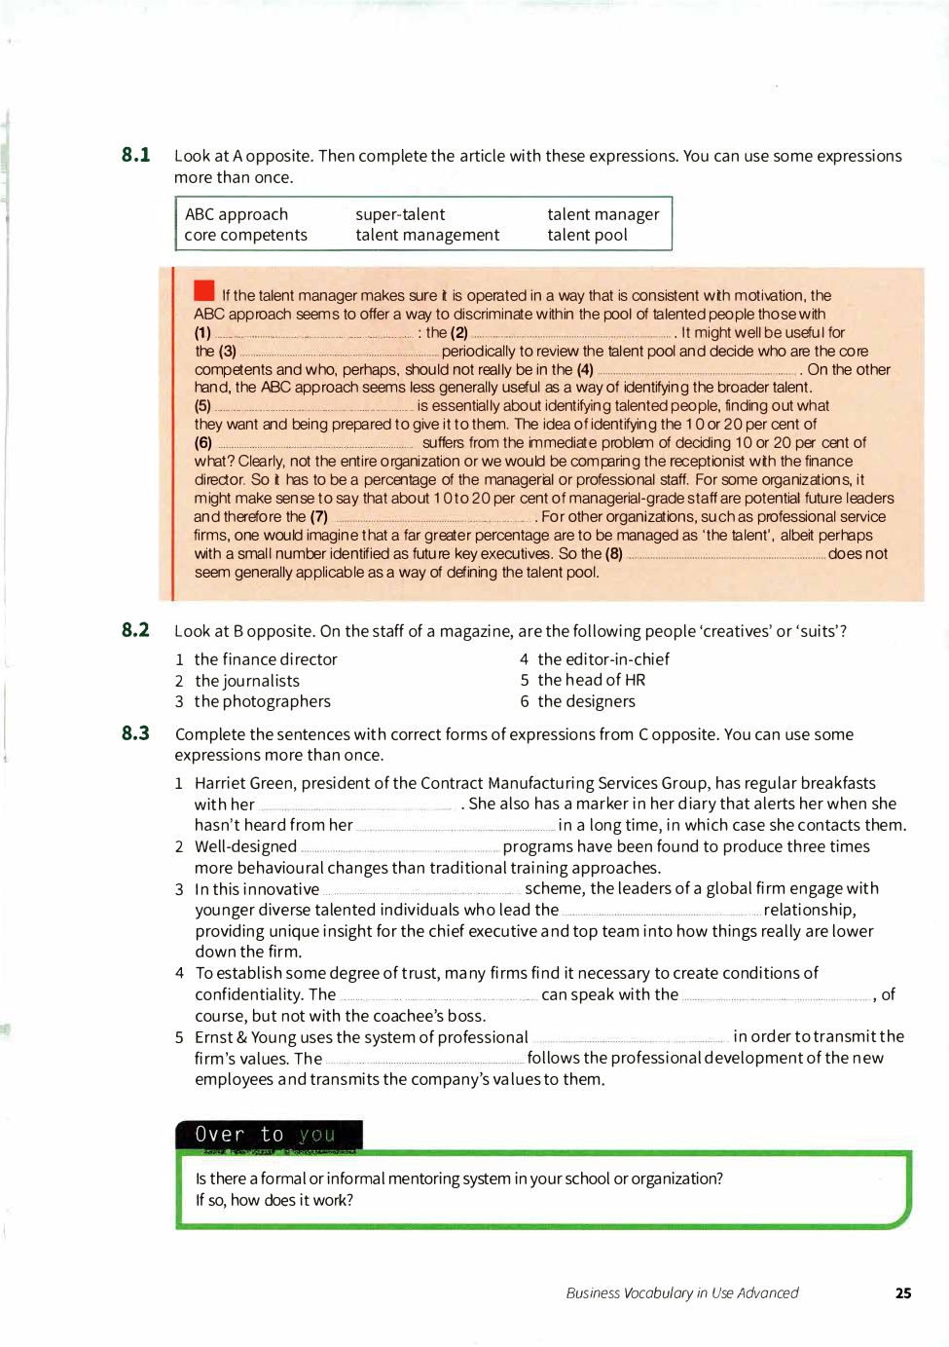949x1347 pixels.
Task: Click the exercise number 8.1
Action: click(x=135, y=155)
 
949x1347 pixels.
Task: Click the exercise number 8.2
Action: click(x=135, y=630)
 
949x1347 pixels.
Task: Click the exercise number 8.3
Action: click(x=135, y=733)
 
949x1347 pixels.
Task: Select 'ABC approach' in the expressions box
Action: click(x=237, y=214)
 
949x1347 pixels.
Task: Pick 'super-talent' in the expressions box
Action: click(x=400, y=214)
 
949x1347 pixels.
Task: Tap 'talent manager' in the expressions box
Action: click(x=602, y=214)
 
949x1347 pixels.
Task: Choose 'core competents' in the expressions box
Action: click(x=245, y=235)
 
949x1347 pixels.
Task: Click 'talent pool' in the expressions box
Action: click(x=587, y=235)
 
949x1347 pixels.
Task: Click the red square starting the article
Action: click(x=204, y=290)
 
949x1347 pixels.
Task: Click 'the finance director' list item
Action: click(x=266, y=659)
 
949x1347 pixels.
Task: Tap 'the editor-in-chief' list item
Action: click(x=603, y=659)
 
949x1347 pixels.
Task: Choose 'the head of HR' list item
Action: click(x=591, y=680)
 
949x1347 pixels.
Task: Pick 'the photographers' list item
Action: click(x=263, y=701)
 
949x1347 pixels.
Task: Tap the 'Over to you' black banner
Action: click(x=268, y=1135)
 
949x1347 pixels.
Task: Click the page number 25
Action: click(x=903, y=1293)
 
